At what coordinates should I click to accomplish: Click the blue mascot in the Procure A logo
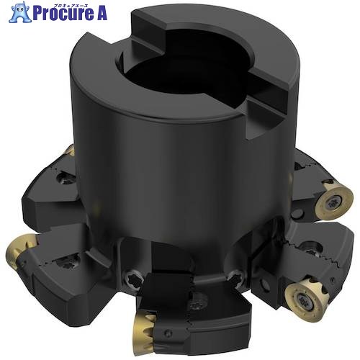[x=19, y=12]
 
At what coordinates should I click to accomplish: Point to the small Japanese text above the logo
[x=70, y=4]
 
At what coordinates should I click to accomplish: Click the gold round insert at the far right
[x=334, y=200]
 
